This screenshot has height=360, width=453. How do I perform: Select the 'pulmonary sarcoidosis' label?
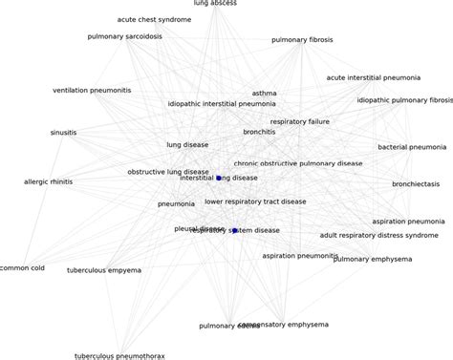click(124, 36)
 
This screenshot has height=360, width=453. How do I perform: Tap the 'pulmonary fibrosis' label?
click(302, 40)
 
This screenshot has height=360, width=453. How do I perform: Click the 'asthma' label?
click(264, 94)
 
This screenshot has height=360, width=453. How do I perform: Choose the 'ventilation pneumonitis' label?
click(92, 90)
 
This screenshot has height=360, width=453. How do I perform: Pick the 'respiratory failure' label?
click(300, 121)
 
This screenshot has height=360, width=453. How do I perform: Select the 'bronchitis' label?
click(259, 132)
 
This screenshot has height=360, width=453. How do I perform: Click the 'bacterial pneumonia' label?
click(411, 147)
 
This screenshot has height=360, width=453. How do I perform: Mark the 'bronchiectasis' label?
click(416, 183)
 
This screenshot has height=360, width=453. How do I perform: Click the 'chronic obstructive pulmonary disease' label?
click(298, 163)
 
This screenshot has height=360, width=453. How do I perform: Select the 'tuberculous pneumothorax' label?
click(119, 356)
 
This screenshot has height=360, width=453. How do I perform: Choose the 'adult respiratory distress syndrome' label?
click(378, 234)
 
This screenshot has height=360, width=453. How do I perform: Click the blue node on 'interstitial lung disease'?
click(219, 178)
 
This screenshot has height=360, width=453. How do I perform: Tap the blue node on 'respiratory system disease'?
click(234, 230)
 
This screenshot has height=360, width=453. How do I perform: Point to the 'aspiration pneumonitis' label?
click(299, 256)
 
